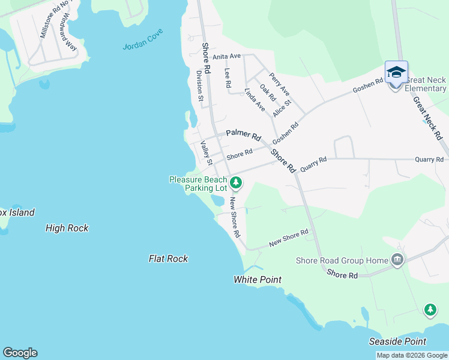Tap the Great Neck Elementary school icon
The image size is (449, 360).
(x=396, y=73)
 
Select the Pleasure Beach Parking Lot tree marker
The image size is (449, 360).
(x=236, y=183)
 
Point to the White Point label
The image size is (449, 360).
(x=258, y=280)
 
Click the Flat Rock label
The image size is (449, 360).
(x=168, y=259)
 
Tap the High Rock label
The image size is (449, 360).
(x=67, y=228)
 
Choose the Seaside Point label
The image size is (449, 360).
(x=397, y=341)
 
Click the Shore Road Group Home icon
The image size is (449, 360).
(x=396, y=260)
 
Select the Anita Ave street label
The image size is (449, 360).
(x=226, y=56)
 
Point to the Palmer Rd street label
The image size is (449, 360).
(x=244, y=136)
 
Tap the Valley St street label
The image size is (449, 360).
(x=206, y=153)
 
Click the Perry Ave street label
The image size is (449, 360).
(x=280, y=84)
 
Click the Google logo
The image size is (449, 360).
(x=20, y=353)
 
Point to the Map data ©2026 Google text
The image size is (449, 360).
(x=412, y=355)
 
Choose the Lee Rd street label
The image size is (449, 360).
(x=228, y=78)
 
